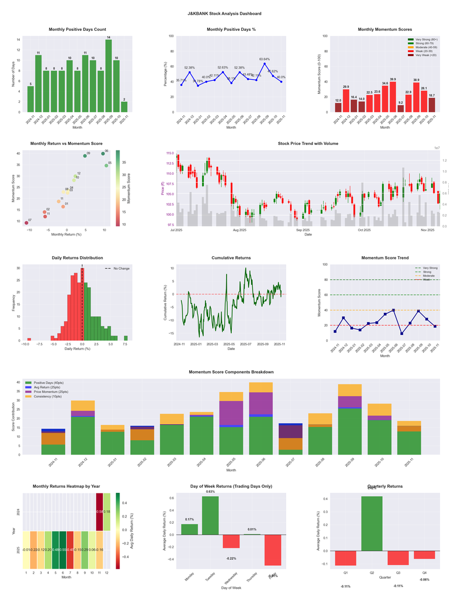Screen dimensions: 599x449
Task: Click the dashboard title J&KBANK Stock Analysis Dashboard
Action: (x=224, y=13)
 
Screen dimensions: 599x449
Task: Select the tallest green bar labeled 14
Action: (x=108, y=76)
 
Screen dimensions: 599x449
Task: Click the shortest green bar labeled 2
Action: (x=124, y=107)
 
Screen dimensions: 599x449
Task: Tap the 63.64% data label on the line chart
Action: (x=265, y=59)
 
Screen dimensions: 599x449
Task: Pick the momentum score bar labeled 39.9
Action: (x=393, y=97)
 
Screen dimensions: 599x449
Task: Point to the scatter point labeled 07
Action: (x=26, y=223)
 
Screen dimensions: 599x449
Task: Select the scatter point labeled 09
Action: (x=85, y=156)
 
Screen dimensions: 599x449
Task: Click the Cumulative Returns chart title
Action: (x=231, y=258)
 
